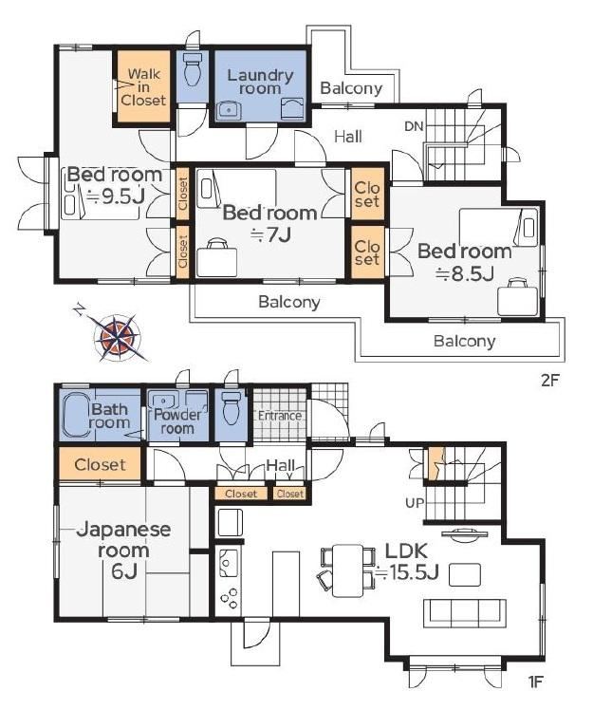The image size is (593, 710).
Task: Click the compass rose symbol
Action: point(117,335)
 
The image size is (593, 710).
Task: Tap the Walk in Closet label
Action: point(143,87)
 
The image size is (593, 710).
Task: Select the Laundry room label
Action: point(260,82)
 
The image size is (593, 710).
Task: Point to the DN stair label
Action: point(415,126)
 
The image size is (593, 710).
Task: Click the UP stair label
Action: point(415,503)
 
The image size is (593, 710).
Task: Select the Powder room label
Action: point(177,421)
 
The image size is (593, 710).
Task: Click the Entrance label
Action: point(280,415)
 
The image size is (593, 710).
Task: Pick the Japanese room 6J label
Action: point(123,551)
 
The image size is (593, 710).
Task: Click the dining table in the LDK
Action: point(347,570)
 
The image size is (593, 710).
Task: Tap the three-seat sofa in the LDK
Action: point(465,612)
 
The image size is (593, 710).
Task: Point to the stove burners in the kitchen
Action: point(229,599)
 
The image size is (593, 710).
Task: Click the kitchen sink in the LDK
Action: point(228,562)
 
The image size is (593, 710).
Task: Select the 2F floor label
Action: point(550,380)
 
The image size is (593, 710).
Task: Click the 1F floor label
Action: point(535,682)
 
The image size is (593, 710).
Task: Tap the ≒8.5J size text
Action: point(465,273)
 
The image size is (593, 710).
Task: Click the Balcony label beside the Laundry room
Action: point(351,88)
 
